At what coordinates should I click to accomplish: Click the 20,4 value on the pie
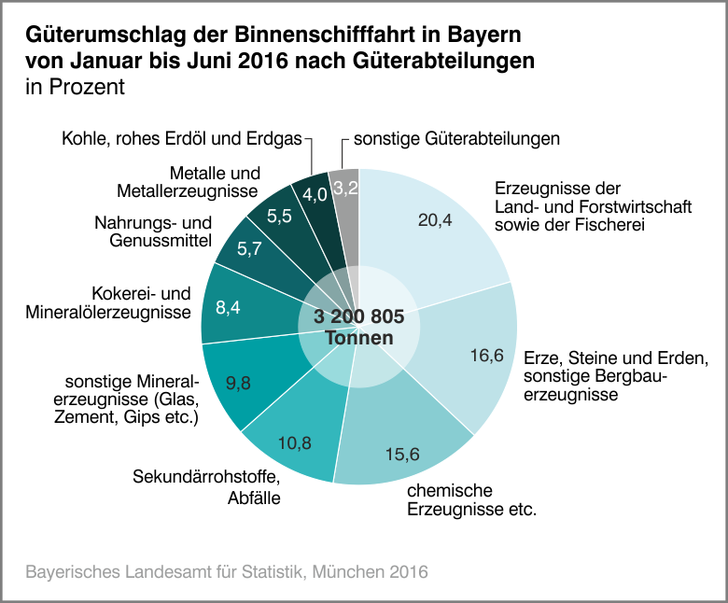point(435,219)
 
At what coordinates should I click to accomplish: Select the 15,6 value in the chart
point(403,454)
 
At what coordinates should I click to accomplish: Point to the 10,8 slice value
point(295,442)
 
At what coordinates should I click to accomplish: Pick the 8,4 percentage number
point(229,307)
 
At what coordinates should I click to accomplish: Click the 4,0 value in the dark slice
point(315,195)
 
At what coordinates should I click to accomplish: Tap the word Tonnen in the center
point(359,337)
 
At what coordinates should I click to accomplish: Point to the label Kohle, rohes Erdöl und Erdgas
point(182,139)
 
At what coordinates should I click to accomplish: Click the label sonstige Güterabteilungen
point(456,139)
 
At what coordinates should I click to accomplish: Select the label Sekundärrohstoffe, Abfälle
point(206,487)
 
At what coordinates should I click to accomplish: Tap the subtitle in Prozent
point(75,87)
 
